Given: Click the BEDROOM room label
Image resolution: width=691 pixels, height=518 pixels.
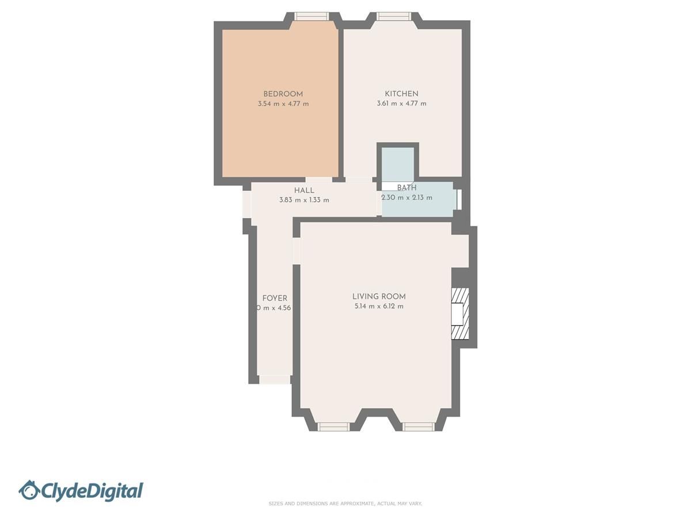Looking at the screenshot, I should tap(283, 94).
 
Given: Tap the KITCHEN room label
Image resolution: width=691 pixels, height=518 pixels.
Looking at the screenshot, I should tap(401, 94).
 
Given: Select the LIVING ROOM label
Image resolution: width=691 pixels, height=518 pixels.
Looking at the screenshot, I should tap(379, 296).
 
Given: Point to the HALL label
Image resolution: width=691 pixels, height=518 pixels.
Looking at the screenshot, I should tap(304, 191).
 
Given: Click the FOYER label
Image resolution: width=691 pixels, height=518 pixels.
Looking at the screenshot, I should tap(275, 298).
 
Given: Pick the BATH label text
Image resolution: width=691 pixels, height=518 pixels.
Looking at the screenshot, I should tap(407, 188).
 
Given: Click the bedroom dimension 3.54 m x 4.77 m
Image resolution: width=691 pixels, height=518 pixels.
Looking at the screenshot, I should tap(283, 104).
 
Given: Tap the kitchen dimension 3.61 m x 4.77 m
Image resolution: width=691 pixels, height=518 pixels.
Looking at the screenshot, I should tap(401, 104).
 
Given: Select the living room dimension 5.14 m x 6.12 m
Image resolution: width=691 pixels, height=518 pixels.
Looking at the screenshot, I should tap(379, 307).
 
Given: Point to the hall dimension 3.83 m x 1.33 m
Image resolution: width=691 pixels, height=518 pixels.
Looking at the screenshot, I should tap(304, 200).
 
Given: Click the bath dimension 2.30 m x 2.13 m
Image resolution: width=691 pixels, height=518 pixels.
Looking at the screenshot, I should tap(407, 198).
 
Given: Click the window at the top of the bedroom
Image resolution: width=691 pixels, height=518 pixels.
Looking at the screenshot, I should tap(312, 16).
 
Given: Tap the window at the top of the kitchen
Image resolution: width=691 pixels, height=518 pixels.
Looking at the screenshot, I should tap(394, 16).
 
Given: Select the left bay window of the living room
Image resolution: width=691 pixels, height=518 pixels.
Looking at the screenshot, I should tap(334, 426).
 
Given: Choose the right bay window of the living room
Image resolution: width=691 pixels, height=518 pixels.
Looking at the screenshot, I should tap(419, 426).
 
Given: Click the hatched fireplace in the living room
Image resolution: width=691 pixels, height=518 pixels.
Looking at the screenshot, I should tap(460, 314).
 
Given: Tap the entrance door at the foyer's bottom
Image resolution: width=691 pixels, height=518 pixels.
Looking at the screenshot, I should tap(275, 380).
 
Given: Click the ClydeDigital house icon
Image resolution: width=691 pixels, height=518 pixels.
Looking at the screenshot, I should tap(29, 490).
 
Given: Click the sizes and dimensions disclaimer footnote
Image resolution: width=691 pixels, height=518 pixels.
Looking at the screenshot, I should tap(345, 504).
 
